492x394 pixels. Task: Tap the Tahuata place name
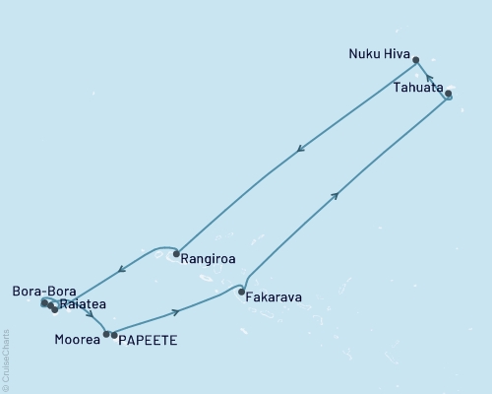[x=416, y=87]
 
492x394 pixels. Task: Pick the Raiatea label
[x=83, y=305]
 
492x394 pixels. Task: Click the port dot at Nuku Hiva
[x=416, y=60]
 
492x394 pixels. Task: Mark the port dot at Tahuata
[x=449, y=95]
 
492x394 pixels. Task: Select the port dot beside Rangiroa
[x=176, y=254]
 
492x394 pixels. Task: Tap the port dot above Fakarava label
[x=242, y=292]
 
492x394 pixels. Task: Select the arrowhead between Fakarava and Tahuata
[x=337, y=196]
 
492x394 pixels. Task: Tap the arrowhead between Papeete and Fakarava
[x=177, y=312]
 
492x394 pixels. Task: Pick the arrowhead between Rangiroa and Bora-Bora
[x=120, y=269]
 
